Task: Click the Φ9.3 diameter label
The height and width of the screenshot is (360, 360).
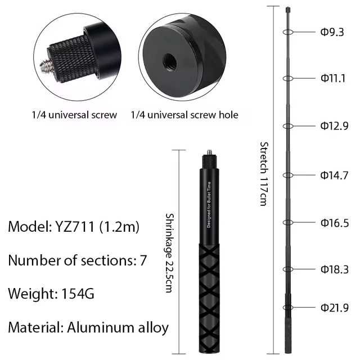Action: point(332,32)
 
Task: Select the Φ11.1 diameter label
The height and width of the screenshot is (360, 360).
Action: point(332,78)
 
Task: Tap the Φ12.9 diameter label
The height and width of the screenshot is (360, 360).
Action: point(334,126)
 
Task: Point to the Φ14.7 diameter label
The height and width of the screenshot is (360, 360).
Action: point(334,175)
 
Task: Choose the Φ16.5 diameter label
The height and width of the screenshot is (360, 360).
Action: point(334,223)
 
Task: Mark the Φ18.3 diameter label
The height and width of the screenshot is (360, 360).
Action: point(334,269)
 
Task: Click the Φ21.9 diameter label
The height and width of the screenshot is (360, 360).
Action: point(334,308)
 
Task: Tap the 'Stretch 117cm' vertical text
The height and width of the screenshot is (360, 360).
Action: point(263,173)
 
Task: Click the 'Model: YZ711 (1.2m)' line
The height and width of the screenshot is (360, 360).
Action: point(74,227)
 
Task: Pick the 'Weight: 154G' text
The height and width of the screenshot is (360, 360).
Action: point(51,294)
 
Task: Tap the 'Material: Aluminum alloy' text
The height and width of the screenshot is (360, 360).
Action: point(88,327)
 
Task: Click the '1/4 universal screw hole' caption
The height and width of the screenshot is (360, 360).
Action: point(184,115)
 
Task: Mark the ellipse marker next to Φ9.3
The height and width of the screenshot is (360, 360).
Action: point(288,32)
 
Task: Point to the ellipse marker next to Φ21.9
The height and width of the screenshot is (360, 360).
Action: point(288,308)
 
